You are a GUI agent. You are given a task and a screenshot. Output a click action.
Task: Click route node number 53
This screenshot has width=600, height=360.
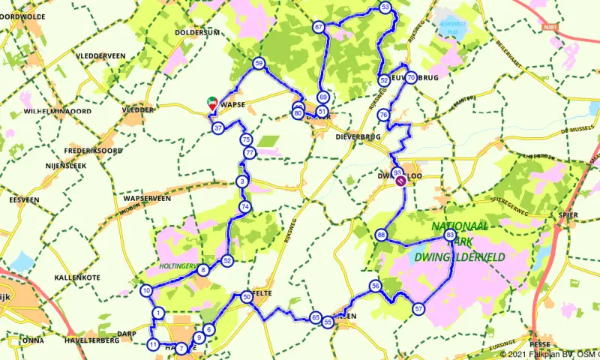pos(385,7)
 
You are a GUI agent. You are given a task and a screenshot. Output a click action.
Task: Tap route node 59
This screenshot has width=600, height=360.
pos(259,64)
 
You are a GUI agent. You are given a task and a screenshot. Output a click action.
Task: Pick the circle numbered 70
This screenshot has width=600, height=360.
pos(411,76)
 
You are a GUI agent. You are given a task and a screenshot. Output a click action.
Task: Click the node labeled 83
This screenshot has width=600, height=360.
pos(450,235)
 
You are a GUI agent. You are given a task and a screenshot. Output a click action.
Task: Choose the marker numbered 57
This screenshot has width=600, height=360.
pos(418,308)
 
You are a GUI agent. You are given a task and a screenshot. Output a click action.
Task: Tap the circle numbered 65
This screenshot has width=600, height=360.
pos(316,318)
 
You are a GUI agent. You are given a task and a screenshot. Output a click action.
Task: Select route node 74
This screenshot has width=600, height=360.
pos(244,206)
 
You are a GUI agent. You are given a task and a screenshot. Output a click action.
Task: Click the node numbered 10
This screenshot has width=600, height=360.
pos(146,291)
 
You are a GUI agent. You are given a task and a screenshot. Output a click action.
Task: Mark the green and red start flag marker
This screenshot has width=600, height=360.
pos(212,103)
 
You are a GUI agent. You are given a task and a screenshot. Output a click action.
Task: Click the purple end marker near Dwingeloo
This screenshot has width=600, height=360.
pos(401,180)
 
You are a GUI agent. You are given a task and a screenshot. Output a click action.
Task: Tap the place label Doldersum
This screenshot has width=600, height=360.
pos(196,33)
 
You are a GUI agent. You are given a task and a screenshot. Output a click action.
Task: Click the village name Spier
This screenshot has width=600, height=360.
pos(568,215)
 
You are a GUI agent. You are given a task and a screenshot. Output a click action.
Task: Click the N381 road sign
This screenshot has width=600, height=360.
pos(553,26)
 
